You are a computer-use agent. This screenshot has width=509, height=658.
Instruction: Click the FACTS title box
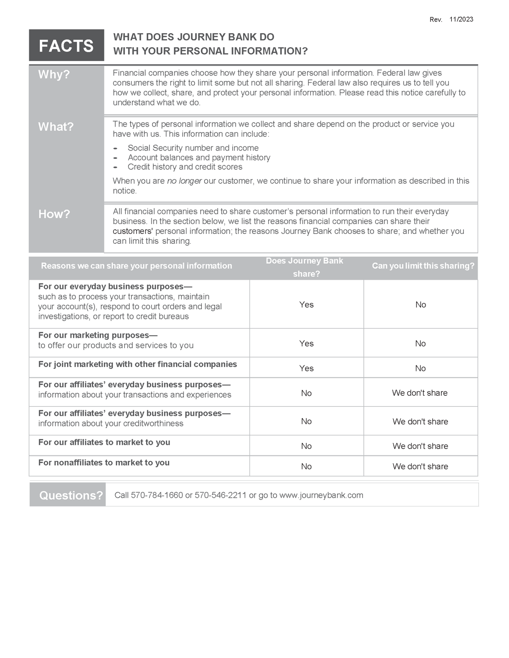coord(66,46)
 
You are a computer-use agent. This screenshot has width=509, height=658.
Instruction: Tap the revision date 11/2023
coord(461,19)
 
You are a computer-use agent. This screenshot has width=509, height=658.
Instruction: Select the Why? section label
coord(54,74)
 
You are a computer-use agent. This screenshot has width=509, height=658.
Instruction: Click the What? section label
coord(56,127)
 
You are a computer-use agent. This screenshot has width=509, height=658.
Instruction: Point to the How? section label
coord(54,214)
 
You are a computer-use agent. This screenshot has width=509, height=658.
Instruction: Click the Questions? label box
coord(71,495)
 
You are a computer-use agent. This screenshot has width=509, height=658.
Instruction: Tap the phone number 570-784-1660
coord(157,495)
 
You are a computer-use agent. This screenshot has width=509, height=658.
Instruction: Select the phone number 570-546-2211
coord(220,495)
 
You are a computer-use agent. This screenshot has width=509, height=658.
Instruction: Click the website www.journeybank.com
coord(321,495)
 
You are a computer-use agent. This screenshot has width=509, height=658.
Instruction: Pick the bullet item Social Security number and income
coord(193,148)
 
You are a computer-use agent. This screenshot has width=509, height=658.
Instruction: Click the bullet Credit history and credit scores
coord(185,167)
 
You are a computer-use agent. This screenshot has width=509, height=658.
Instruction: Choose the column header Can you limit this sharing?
coord(423,266)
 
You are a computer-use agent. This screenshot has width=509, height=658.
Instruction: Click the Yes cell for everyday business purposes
coord(306,304)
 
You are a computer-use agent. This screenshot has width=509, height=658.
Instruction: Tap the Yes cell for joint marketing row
coord(306,368)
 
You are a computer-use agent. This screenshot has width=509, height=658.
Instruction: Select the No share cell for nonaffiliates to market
coord(306,466)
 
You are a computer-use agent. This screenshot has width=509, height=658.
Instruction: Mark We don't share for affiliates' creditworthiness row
coord(420,422)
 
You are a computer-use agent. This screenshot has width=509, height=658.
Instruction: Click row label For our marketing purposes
coord(97,335)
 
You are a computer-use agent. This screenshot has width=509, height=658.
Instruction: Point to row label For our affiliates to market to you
coord(104,442)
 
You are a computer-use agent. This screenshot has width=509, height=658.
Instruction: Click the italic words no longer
coord(184,181)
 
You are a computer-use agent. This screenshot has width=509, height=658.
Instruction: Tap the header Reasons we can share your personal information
coord(136,266)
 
